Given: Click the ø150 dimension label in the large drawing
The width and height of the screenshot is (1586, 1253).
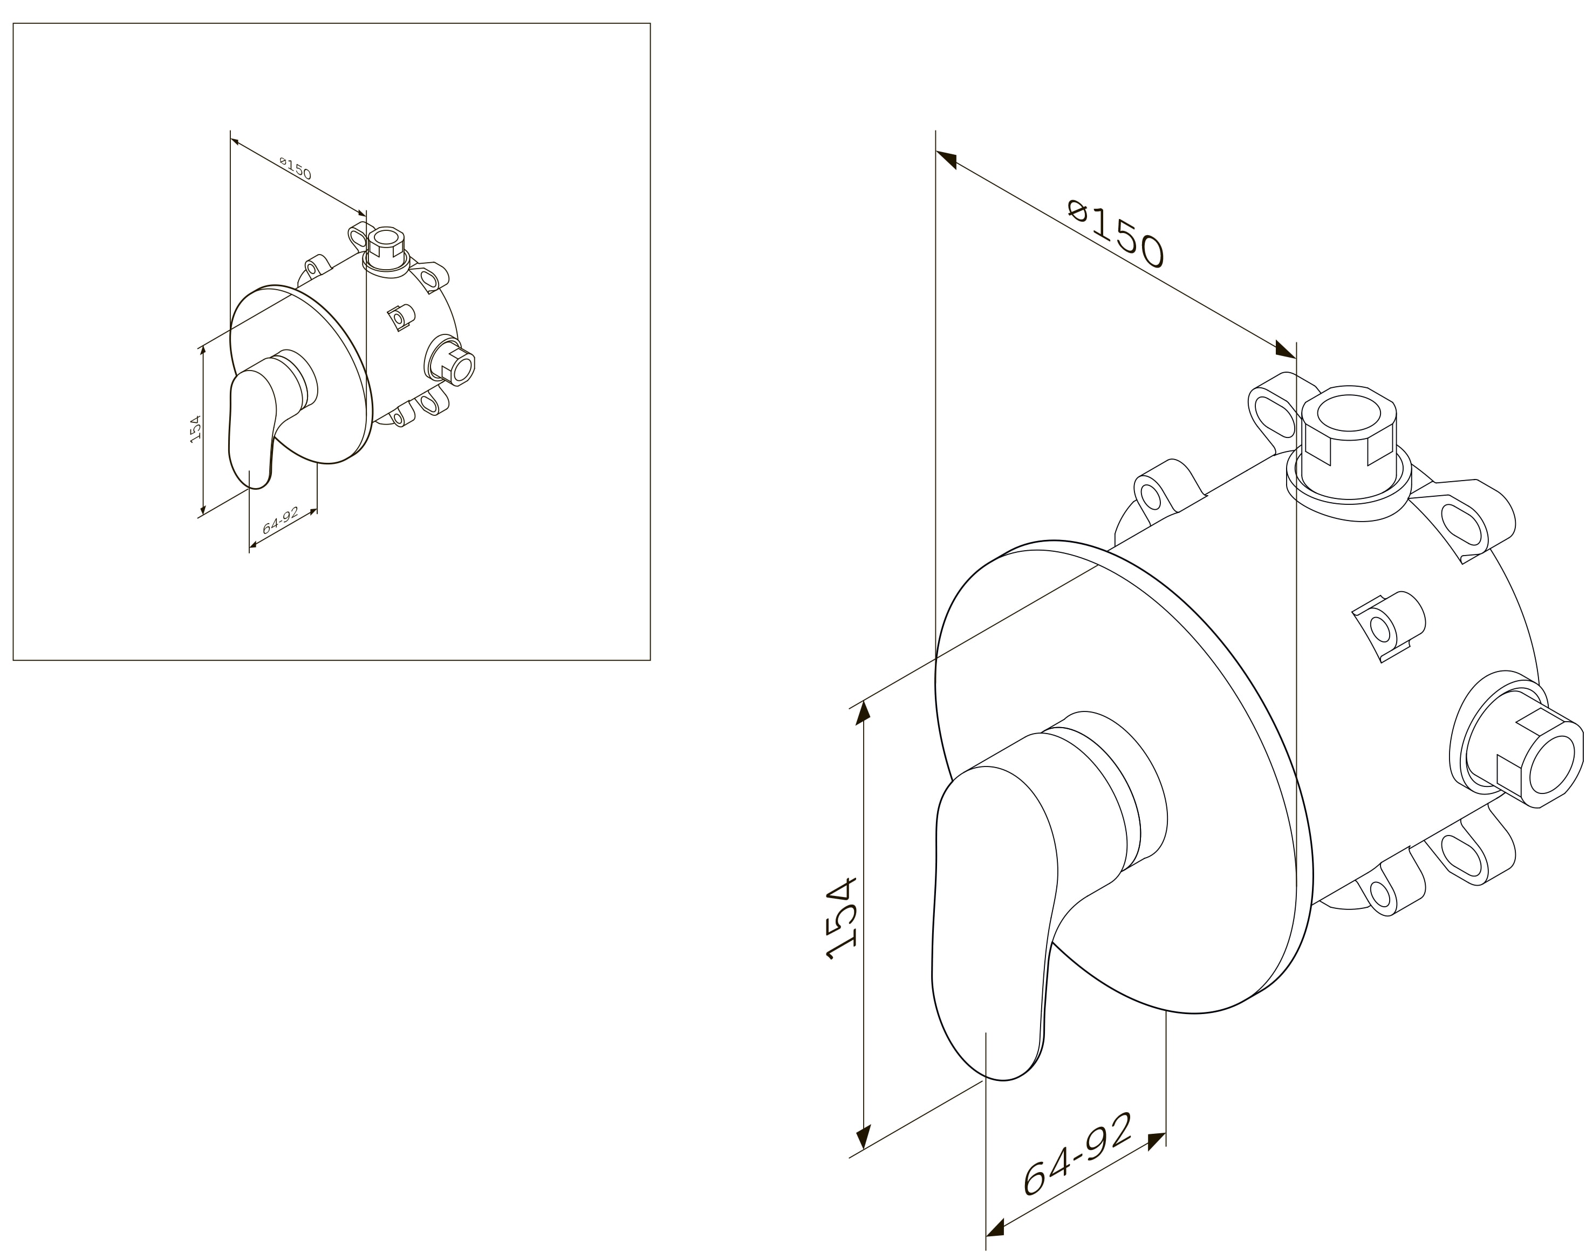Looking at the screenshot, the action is (x=1116, y=234).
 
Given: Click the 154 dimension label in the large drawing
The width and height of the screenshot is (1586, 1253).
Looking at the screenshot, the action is (x=842, y=918).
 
